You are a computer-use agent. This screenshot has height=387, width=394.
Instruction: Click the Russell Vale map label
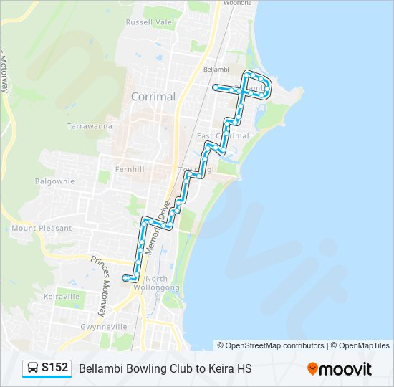149,22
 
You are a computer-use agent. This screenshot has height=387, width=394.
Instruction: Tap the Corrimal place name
153,96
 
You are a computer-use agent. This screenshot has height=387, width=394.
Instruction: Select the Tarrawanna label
90,125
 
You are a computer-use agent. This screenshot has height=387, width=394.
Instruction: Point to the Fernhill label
130,169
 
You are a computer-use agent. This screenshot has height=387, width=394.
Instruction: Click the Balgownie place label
54,181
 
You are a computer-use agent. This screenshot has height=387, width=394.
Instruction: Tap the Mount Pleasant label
42,228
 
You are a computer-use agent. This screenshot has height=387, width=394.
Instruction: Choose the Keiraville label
62,296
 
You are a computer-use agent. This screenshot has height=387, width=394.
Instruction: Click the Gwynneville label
84,326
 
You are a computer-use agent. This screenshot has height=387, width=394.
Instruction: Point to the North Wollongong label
162,283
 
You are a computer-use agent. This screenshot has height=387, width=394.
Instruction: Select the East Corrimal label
223,135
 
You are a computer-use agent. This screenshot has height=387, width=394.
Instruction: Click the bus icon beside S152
33,368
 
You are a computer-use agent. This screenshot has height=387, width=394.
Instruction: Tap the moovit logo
340,369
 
